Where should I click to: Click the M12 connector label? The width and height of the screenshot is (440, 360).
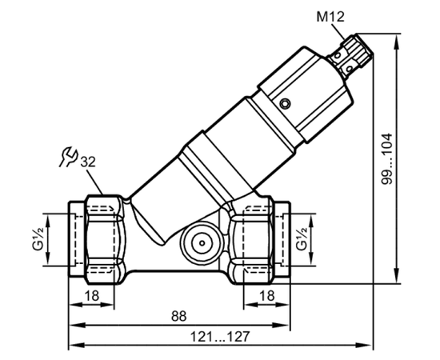pyautogui.click(x=330, y=17)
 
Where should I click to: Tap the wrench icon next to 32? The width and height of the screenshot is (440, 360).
pyautogui.click(x=68, y=157)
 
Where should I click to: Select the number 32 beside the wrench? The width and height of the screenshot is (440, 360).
pyautogui.click(x=88, y=162)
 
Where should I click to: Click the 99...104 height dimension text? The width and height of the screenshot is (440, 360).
pyautogui.click(x=387, y=158)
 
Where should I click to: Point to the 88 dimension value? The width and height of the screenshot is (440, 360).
pyautogui.click(x=178, y=316)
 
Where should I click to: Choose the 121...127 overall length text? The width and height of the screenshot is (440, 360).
pyautogui.click(x=220, y=337)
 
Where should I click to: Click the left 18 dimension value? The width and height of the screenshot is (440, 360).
pyautogui.click(x=92, y=295)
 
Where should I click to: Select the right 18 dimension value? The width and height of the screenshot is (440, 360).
pyautogui.click(x=267, y=295)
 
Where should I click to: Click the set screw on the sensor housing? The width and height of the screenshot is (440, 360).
pyautogui.click(x=285, y=103)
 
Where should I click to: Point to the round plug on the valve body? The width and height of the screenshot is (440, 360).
pyautogui.click(x=202, y=243)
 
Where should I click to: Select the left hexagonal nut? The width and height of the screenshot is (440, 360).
pyautogui.click(x=104, y=239)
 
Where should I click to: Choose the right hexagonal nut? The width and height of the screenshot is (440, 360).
pyautogui.click(x=250, y=240)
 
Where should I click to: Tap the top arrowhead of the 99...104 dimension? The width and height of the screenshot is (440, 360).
pyautogui.click(x=397, y=42)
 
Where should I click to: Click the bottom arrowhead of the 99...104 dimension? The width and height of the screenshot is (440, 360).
pyautogui.click(x=397, y=275)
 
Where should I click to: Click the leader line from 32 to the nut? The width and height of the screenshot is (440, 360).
pyautogui.click(x=95, y=182)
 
